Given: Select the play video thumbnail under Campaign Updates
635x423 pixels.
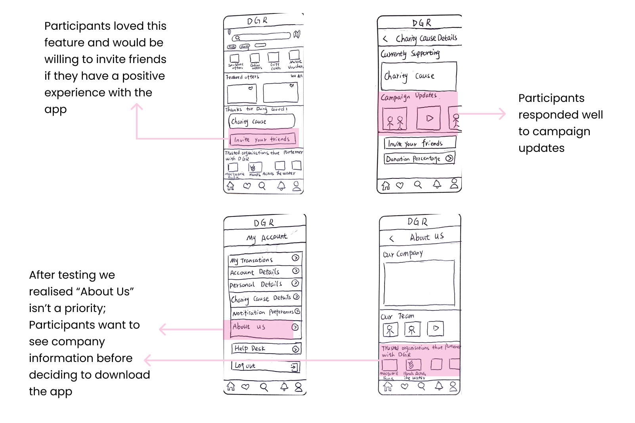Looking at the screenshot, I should coord(429,118).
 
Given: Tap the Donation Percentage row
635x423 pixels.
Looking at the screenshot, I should coord(419,159).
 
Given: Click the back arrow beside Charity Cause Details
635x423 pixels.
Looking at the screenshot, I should coord(385,39).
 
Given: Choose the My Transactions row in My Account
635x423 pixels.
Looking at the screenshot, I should coord(265,259).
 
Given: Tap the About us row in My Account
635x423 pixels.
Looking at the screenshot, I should coord(265,327).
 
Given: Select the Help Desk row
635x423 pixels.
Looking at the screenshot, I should coord(266,348).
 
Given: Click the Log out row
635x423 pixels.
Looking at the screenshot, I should coord(265,366).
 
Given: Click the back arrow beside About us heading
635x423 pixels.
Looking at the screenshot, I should coord(392,238).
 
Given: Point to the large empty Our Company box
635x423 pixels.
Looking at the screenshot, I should coord(419,283).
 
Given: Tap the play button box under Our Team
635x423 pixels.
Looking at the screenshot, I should coord(435,329).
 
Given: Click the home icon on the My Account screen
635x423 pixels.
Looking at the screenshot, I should coord(231,386).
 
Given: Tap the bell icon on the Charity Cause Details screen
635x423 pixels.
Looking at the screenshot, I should coord(437,184).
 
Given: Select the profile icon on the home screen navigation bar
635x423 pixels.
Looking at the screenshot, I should coord(296,186).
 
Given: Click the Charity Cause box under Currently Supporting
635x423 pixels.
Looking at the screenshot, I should coord(419,76).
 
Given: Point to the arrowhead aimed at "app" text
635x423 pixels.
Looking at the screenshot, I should coord(137,106).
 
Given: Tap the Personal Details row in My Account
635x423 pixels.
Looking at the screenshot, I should coord(265,284).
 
